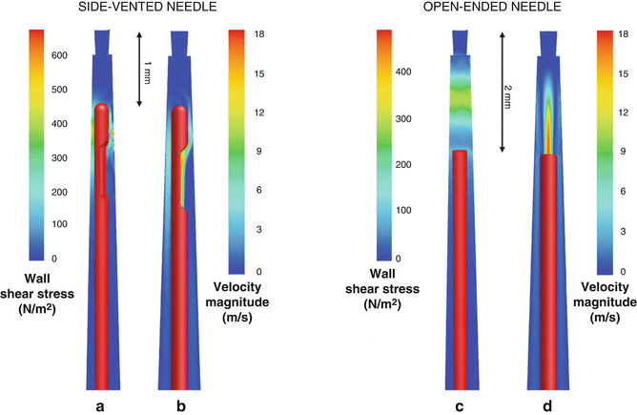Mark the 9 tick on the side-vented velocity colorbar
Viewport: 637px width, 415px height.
coord(259,152)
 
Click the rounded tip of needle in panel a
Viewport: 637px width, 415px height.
coord(102,110)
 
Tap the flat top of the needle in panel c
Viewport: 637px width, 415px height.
coord(460,153)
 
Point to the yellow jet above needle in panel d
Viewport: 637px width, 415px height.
coord(548,129)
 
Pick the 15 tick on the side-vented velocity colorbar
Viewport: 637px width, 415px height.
coord(260,73)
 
